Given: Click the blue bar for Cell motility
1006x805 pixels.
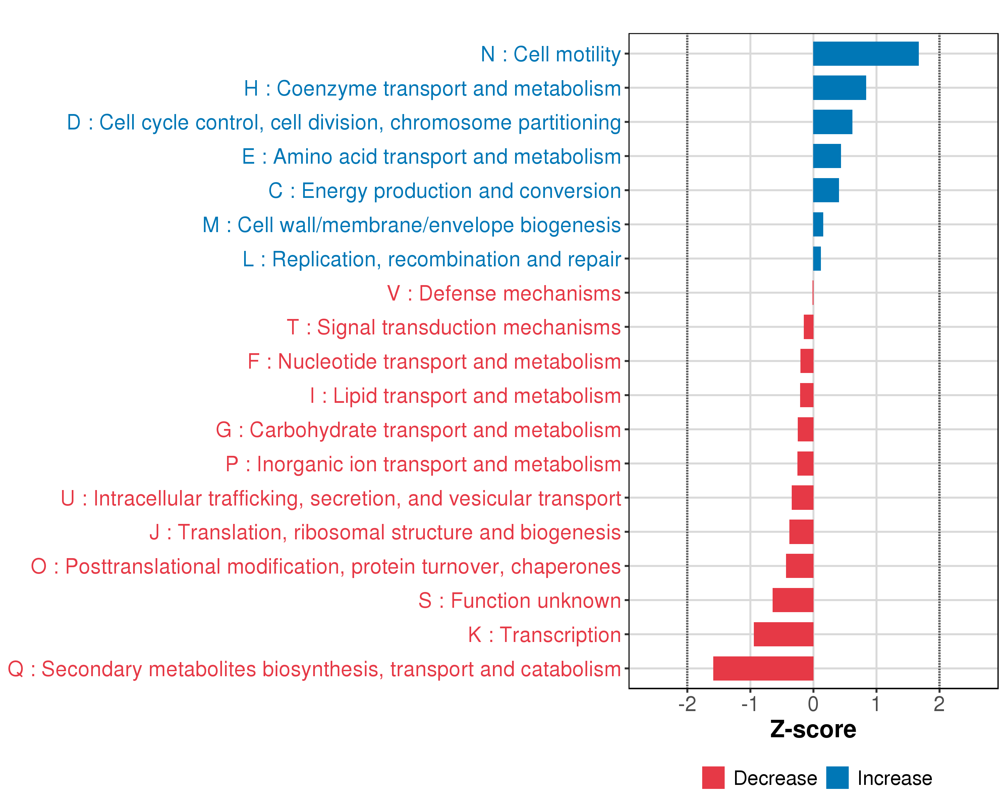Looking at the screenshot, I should click(865, 54).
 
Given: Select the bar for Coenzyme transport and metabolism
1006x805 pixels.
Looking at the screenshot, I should click(839, 88).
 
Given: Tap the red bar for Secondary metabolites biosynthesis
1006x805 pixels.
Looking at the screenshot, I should click(763, 668).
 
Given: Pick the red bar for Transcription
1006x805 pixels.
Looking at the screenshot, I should click(783, 634).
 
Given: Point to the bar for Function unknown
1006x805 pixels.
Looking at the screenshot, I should click(793, 600).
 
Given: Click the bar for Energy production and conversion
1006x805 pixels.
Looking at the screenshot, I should click(826, 191).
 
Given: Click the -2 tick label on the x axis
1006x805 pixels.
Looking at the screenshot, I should click(687, 704).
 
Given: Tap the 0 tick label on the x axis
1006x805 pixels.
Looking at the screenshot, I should click(813, 704).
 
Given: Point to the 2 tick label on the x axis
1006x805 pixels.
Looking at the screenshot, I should click(939, 704).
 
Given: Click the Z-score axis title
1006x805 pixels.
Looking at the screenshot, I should click(813, 730).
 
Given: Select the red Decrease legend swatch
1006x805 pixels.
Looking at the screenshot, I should click(713, 778).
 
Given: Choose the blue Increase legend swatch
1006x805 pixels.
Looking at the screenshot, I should click(837, 778).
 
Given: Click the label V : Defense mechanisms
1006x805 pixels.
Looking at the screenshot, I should click(504, 293).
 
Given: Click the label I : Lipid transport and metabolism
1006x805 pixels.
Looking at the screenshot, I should click(465, 396).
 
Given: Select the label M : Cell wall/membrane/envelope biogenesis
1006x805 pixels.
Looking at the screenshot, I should click(411, 225).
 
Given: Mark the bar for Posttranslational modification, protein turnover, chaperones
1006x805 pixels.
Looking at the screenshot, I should click(799, 566).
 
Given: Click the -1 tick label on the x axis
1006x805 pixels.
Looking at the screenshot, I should click(750, 704).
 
